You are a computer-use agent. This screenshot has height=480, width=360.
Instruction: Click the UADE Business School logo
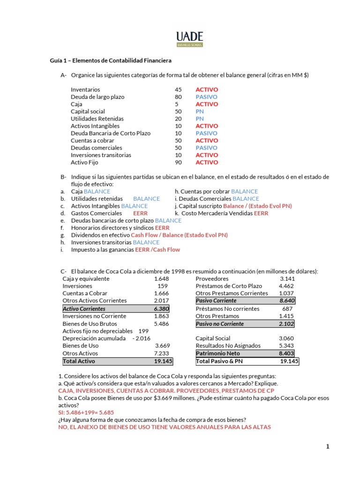pyautogui.click(x=189, y=39)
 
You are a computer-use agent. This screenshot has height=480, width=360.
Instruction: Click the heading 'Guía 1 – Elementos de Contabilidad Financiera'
pyautogui.click(x=111, y=60)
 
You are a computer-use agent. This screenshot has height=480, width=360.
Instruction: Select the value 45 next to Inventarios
pyautogui.click(x=178, y=90)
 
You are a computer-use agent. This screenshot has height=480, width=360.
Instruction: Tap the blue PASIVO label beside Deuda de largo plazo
pyautogui.click(x=206, y=97)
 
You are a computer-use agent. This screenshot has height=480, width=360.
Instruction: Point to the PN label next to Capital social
pyautogui.click(x=200, y=112)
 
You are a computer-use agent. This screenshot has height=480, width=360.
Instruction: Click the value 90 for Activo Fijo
pyautogui.click(x=178, y=163)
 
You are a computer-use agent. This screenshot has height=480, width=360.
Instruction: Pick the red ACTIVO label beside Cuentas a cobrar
pyautogui.click(x=207, y=141)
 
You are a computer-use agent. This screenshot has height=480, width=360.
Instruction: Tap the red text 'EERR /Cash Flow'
pyautogui.click(x=157, y=250)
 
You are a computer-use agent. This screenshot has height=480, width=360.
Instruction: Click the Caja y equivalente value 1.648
pyautogui.click(x=161, y=279)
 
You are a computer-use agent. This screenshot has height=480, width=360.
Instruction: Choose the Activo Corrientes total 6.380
pyautogui.click(x=161, y=309)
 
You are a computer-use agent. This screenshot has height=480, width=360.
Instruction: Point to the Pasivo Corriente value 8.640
pyautogui.click(x=286, y=300)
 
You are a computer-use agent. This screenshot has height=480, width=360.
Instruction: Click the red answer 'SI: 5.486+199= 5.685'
pyautogui.click(x=91, y=412)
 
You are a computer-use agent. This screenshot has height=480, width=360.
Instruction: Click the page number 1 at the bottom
pyautogui.click(x=328, y=447)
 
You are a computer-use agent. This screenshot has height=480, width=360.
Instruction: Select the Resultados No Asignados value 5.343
pyautogui.click(x=286, y=346)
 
